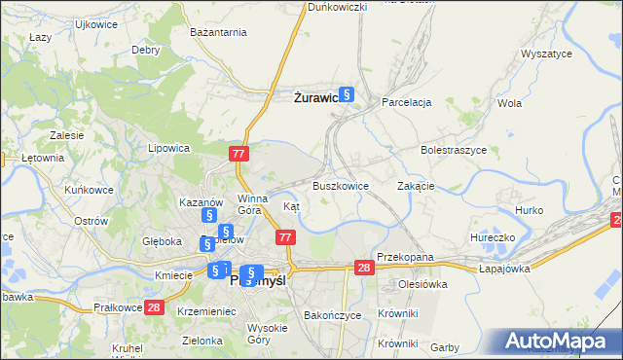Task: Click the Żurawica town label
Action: [x=315, y=97]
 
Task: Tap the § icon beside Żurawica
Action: [x=347, y=95]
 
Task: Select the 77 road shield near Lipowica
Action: [x=239, y=154]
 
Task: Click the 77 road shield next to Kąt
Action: [x=285, y=237]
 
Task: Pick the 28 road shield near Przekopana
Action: [x=364, y=268]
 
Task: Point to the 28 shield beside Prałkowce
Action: [x=153, y=307]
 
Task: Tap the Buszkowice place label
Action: [x=340, y=186]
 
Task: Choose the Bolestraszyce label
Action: [x=453, y=151]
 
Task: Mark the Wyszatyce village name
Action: [x=547, y=54]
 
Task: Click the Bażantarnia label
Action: [x=219, y=33]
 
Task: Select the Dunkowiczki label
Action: [x=337, y=7]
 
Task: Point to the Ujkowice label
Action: [x=95, y=22]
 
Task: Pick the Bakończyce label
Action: [x=333, y=316]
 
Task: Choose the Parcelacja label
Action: [x=406, y=101]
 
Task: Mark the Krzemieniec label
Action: [x=208, y=310]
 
